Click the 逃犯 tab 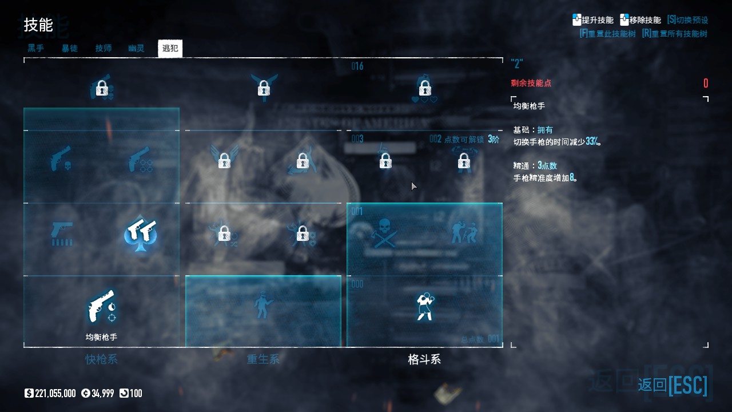(170, 49)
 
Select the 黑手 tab (36, 49)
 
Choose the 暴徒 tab (70, 49)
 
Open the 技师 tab (104, 49)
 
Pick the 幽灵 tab (136, 49)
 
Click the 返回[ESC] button (673, 385)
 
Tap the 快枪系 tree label (101, 359)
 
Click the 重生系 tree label (263, 359)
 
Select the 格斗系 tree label (424, 359)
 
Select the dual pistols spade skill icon (141, 233)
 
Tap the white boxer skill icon (424, 306)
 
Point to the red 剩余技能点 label (531, 84)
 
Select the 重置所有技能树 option (675, 34)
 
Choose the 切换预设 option (688, 20)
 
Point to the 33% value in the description (592, 141)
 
